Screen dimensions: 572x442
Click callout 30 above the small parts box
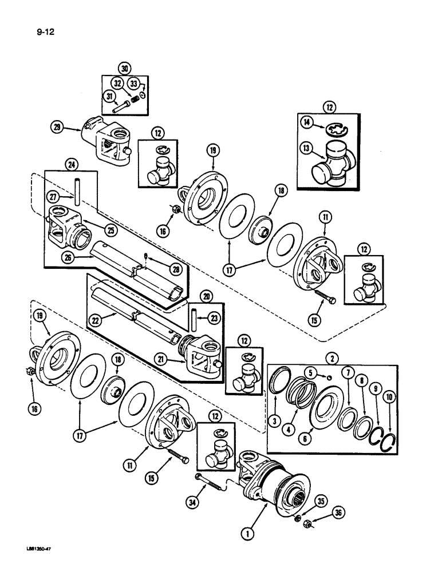coord(123,66)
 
